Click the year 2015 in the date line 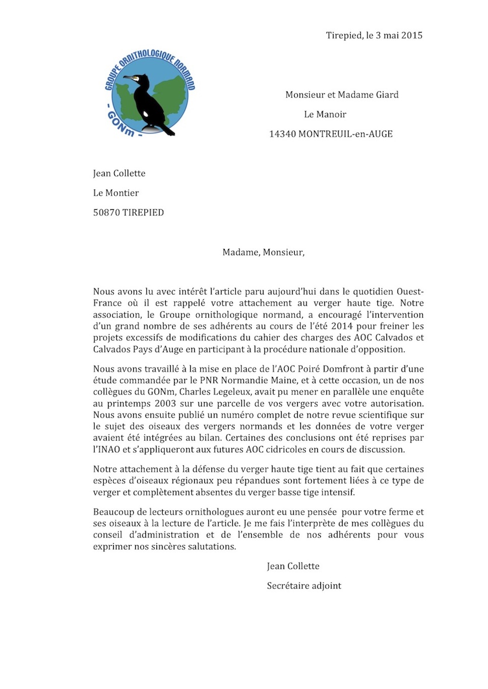click(411, 36)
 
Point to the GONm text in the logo click(120, 124)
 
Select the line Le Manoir click(325, 115)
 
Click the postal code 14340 click(282, 135)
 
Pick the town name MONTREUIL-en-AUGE click(346, 135)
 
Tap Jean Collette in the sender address click(119, 174)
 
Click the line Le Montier click(116, 194)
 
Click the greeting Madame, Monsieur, click(263, 253)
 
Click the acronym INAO click(105, 450)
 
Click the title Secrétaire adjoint click(304, 586)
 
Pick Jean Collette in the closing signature click(293, 567)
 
